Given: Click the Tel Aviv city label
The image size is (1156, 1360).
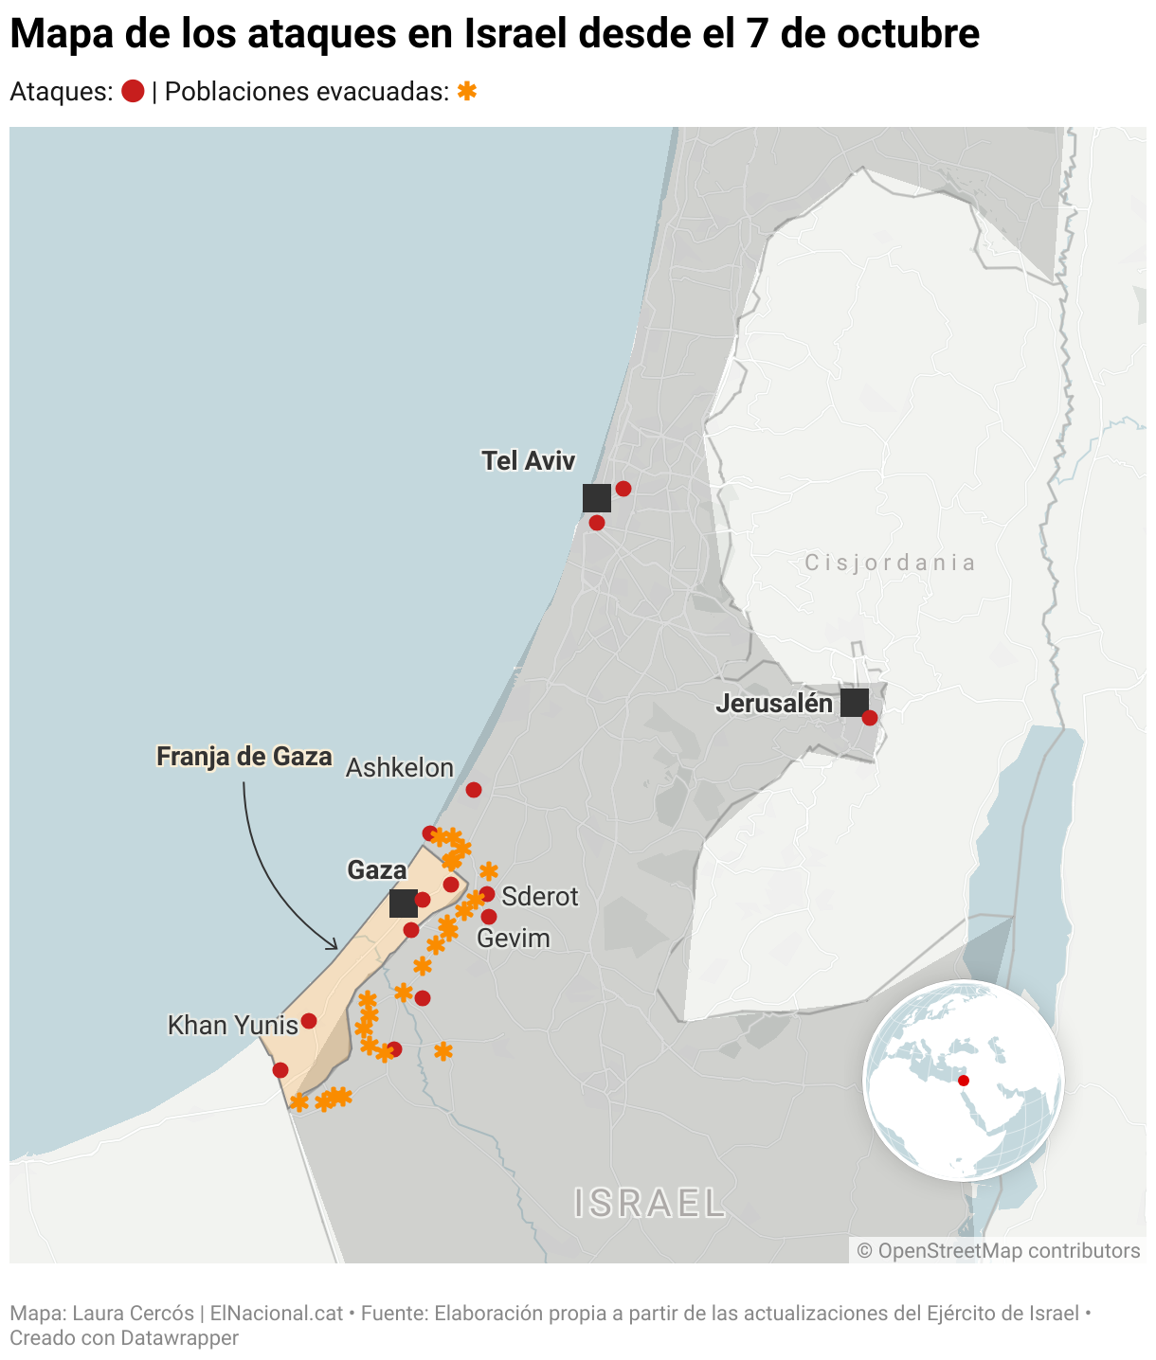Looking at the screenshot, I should point(528,461).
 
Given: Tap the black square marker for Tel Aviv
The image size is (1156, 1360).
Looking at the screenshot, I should point(597,498).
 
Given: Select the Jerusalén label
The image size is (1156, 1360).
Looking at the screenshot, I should point(774,704).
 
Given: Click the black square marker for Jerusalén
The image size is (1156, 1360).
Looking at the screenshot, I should point(855,703).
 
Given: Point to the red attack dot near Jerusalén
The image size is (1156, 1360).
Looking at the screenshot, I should point(870,718).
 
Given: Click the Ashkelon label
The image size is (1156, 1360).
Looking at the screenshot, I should point(399,768).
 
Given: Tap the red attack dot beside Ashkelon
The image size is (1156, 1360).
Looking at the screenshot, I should point(474,790).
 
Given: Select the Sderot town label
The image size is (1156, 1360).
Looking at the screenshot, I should point(539,897).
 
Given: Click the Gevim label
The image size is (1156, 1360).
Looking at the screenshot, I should point(513,939).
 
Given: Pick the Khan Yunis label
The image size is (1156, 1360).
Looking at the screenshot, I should point(232,1026).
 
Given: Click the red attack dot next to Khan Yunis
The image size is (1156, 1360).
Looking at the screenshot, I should point(309,1021).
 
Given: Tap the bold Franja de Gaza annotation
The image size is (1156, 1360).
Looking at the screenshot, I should point(244,757).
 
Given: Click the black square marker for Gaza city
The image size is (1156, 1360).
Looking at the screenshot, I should point(404,904).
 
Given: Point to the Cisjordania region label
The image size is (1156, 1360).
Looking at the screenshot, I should point(890,564).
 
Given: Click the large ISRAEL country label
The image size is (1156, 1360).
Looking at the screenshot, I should point(650,1204).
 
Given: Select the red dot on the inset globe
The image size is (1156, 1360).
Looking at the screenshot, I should point(964,1081).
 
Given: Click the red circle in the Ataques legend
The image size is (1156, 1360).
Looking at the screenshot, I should point(133,92).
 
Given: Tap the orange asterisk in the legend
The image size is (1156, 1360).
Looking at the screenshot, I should point(466,92).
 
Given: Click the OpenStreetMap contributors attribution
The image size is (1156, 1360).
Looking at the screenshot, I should point(998,1251).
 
